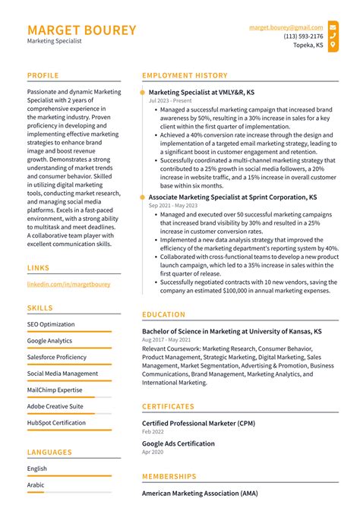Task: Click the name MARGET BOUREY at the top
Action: click(82, 30)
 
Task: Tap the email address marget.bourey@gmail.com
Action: click(286, 27)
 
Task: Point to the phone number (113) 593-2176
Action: click(303, 36)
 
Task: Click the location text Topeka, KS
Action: click(308, 45)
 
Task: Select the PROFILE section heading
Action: click(43, 76)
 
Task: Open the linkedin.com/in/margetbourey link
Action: click(68, 284)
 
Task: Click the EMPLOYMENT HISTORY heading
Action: click(185, 76)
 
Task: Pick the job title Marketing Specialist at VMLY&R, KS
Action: click(201, 92)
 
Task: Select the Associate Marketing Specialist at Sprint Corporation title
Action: click(232, 197)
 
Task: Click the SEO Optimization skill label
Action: click(51, 324)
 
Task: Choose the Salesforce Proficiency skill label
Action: click(57, 357)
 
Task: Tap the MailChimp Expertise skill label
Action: click(55, 390)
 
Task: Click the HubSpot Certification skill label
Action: click(56, 422)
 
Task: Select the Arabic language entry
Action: click(36, 484)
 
